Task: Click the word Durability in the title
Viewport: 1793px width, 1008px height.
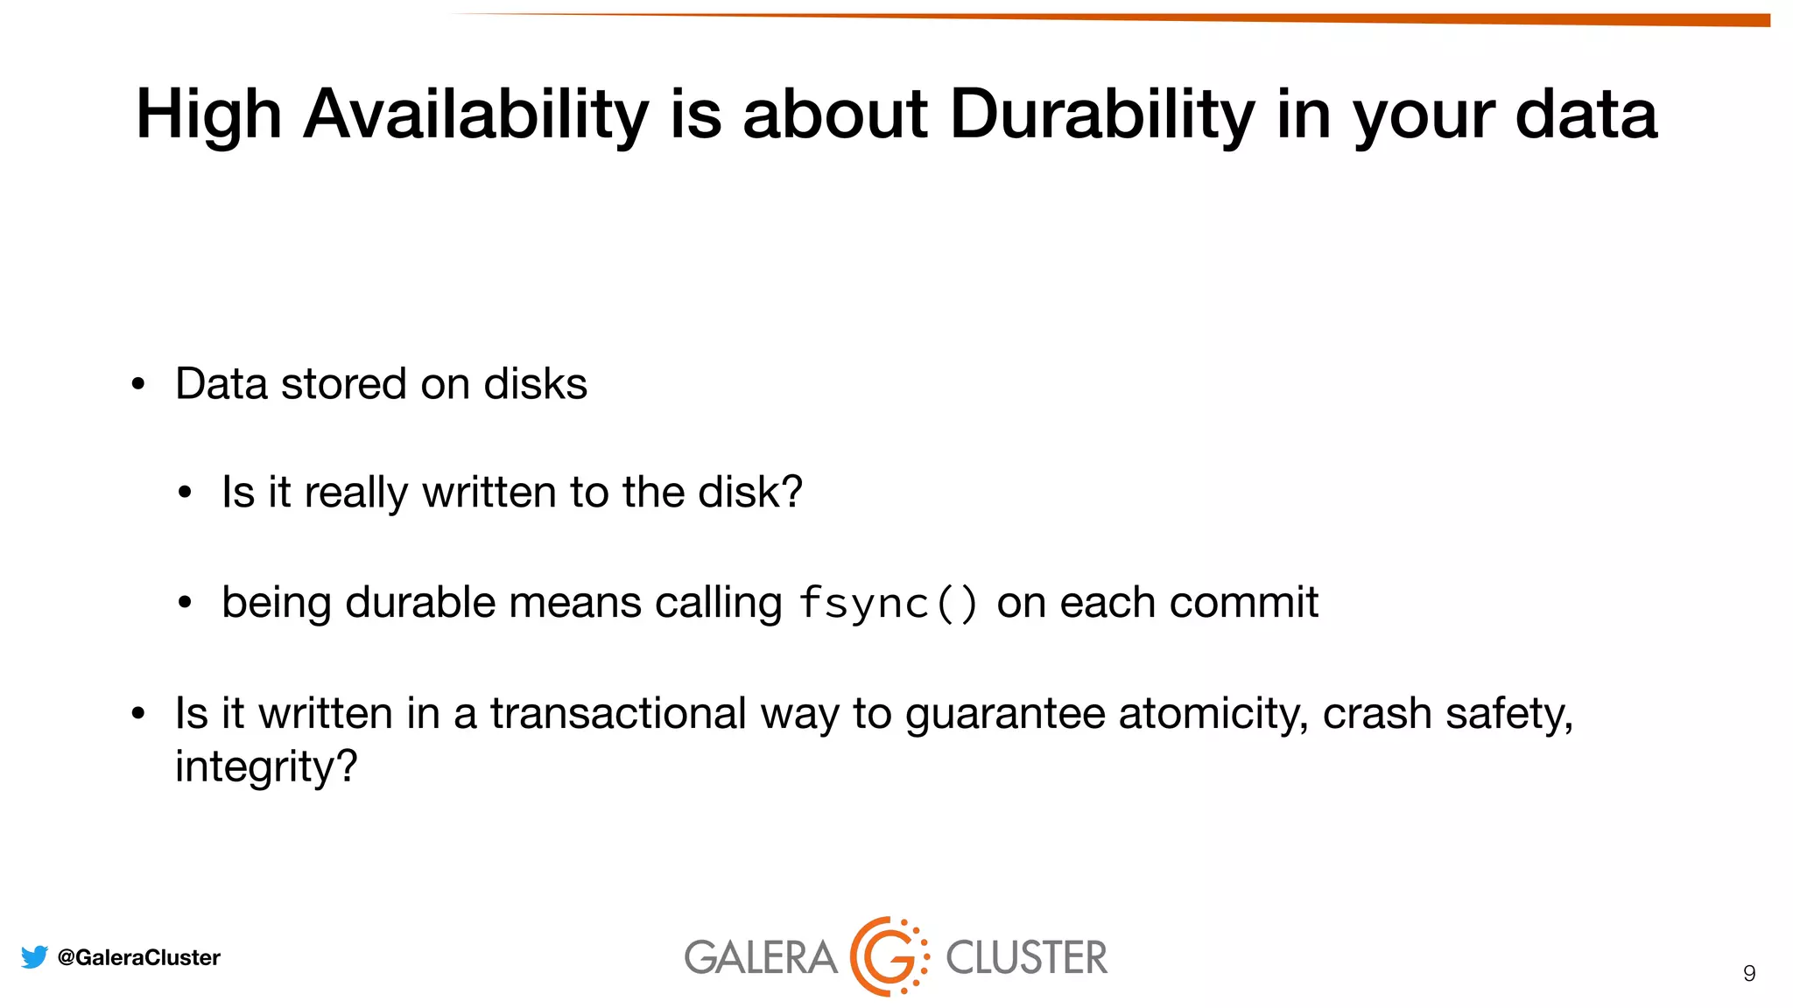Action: coord(1102,115)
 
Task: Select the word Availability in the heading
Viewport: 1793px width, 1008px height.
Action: coord(475,115)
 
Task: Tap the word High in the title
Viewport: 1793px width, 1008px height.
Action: coord(208,115)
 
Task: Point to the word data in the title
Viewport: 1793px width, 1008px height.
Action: coord(1586,115)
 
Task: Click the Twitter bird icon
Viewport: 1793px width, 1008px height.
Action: coord(34,957)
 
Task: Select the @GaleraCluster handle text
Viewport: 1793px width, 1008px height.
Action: coord(138,957)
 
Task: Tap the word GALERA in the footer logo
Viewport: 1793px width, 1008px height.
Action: coord(760,957)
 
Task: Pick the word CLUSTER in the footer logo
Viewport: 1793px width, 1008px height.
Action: coord(1026,957)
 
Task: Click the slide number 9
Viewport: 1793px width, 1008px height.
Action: coord(1748,974)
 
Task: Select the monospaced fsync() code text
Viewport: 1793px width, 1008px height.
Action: coord(888,603)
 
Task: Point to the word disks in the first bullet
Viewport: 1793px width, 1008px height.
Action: coord(535,384)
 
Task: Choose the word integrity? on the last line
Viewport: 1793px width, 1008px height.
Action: coord(266,766)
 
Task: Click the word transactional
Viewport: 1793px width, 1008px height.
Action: coord(617,713)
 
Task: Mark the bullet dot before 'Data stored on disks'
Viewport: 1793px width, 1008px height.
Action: coord(137,385)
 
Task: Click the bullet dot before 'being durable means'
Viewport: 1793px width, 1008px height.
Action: coord(184,603)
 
